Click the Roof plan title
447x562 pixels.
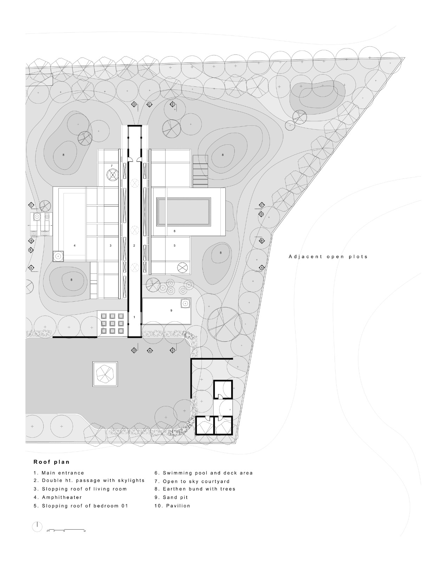click(x=51, y=462)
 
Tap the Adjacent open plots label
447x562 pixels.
click(x=328, y=257)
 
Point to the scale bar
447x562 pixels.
click(x=66, y=529)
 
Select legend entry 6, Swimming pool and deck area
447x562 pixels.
click(x=203, y=473)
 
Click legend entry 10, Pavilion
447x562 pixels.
click(x=172, y=506)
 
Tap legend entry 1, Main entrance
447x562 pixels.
click(x=59, y=473)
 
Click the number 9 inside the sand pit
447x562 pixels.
click(x=171, y=311)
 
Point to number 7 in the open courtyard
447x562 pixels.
click(x=111, y=165)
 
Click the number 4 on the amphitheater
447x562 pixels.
click(x=74, y=246)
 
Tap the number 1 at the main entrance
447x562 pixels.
click(x=134, y=317)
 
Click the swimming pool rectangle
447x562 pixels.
click(x=184, y=211)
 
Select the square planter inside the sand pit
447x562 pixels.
click(x=185, y=303)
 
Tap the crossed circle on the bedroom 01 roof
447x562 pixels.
click(x=182, y=267)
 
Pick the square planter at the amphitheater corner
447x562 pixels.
click(x=58, y=257)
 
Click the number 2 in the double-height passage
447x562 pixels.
click(x=134, y=246)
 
